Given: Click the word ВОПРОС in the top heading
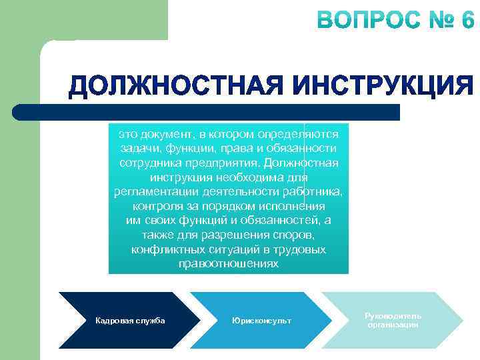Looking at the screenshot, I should click(363, 21).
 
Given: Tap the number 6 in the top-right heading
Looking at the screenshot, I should click(465, 21).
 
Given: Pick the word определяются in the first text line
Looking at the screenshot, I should click(303, 133).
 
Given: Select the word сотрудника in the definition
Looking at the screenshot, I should click(147, 163).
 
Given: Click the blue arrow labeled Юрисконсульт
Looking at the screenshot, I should click(261, 321).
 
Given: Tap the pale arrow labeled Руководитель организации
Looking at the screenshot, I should click(393, 320).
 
